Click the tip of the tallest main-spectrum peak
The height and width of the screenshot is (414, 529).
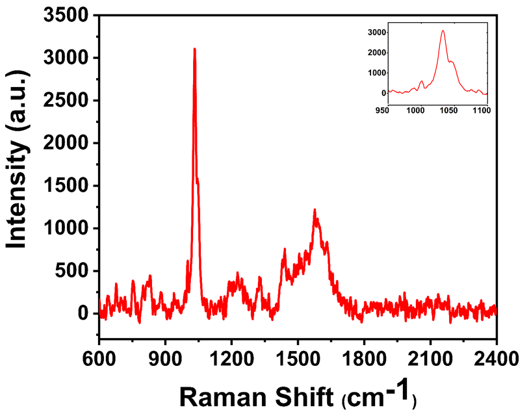pos(194,49)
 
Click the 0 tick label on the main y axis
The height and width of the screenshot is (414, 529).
pos(83,313)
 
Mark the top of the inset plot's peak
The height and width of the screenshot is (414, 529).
pos(443,31)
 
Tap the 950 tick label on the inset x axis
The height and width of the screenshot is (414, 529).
pos(383,111)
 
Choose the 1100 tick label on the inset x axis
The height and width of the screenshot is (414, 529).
pos(482,111)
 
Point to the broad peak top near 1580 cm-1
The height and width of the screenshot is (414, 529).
pos(315,210)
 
